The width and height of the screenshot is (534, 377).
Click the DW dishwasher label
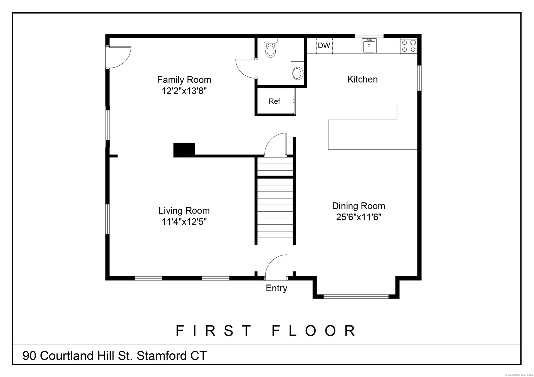tap(324, 46)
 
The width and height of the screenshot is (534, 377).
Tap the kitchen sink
tap(369, 46)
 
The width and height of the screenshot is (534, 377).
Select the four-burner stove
tap(409, 46)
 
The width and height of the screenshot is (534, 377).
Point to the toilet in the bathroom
tap(271, 48)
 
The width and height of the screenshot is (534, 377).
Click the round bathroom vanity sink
tap(297, 73)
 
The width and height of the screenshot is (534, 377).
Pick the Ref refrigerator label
tap(274, 101)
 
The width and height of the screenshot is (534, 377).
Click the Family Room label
tap(184, 80)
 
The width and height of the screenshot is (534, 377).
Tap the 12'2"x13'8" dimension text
tap(184, 91)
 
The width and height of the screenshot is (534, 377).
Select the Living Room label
tap(184, 211)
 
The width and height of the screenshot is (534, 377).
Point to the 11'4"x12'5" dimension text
tap(184, 222)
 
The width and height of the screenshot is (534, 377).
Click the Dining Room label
tap(359, 206)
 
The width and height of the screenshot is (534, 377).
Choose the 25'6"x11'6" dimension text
tap(359, 217)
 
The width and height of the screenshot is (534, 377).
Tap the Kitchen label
tap(362, 79)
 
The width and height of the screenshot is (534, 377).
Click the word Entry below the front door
tap(276, 288)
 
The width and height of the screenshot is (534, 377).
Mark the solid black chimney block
tap(184, 149)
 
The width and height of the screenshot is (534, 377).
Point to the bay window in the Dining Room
tap(356, 297)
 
